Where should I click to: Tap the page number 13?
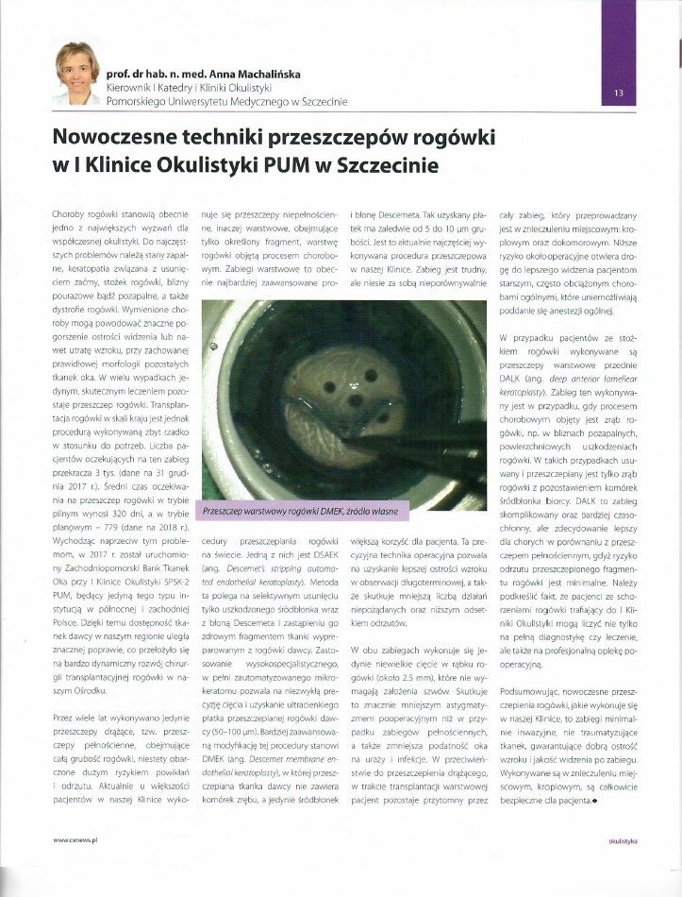coord(619,93)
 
